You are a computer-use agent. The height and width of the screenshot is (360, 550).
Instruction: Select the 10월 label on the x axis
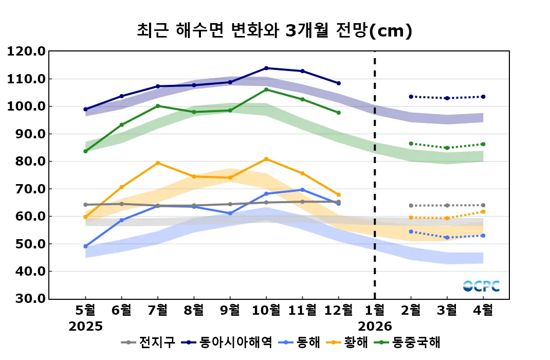tap(266, 310)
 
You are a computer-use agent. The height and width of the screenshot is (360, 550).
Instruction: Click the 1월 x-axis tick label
tap(374, 310)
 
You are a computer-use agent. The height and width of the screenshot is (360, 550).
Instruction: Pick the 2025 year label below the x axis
tap(86, 327)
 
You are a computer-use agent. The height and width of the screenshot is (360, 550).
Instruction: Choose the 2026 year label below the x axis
tap(375, 327)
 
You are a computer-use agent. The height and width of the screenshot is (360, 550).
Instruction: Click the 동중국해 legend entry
tap(416, 343)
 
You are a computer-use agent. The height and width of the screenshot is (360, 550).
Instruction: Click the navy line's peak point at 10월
tap(266, 68)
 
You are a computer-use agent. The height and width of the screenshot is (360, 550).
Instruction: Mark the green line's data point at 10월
tap(266, 89)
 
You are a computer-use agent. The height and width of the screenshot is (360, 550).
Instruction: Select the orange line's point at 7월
tap(158, 163)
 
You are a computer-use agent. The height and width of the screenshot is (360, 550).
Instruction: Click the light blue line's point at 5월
tap(85, 246)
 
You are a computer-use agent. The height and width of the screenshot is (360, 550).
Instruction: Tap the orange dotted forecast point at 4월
tap(483, 211)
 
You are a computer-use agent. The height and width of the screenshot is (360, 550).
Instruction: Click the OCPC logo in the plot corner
tap(481, 286)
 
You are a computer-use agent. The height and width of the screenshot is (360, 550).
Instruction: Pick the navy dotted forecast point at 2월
tap(411, 97)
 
